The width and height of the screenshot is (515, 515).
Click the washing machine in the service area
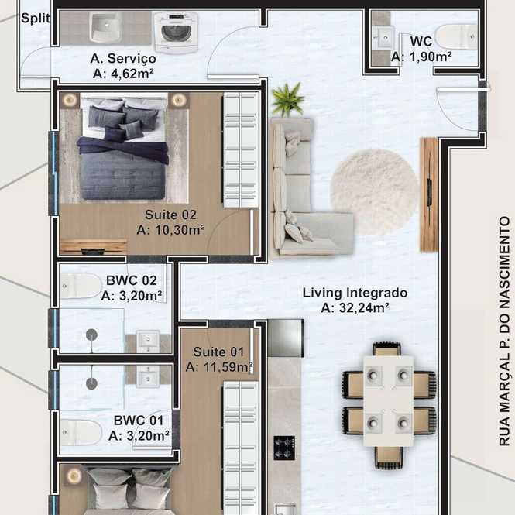click(176, 33)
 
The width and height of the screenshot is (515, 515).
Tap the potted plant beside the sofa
click(288, 99)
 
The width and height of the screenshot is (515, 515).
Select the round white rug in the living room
click(375, 192)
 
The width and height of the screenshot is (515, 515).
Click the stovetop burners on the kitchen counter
click(284, 448)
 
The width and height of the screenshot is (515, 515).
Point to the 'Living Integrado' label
click(355, 293)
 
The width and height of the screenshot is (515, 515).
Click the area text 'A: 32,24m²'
click(355, 308)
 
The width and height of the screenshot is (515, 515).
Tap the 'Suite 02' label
click(170, 215)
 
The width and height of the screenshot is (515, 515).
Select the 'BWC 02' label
click(132, 280)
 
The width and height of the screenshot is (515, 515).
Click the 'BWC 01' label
click(139, 421)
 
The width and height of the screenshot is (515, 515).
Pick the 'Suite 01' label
click(218, 352)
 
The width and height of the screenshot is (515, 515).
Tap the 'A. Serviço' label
click(123, 58)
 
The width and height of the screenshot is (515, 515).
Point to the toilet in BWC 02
click(81, 286)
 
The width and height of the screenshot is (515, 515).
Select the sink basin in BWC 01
click(148, 376)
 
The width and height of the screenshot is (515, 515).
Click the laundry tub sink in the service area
click(106, 28)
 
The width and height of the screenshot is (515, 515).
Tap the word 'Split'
click(36, 19)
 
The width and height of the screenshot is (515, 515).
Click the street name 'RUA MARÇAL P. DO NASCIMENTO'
click(504, 331)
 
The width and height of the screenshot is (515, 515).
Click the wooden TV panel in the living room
click(429, 195)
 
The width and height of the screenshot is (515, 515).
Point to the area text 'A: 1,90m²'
click(421, 57)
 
